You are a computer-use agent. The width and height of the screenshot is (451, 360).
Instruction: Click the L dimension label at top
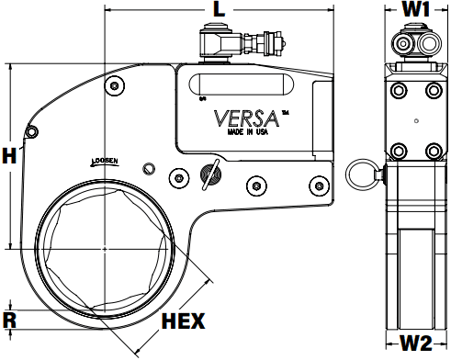click(219, 10)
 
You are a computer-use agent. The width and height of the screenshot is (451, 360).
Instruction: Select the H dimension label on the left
click(9, 155)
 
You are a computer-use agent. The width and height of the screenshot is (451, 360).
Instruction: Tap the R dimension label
click(9, 321)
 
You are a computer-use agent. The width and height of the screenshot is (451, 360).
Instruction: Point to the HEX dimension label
click(183, 321)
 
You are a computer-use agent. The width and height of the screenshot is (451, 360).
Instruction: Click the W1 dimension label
click(416, 9)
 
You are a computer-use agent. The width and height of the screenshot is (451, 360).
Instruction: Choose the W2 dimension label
click(416, 343)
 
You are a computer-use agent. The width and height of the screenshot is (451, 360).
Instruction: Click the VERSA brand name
click(246, 118)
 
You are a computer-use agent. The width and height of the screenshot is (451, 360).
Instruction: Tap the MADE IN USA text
click(248, 131)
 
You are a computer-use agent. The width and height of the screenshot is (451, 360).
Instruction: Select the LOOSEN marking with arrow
click(105, 162)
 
